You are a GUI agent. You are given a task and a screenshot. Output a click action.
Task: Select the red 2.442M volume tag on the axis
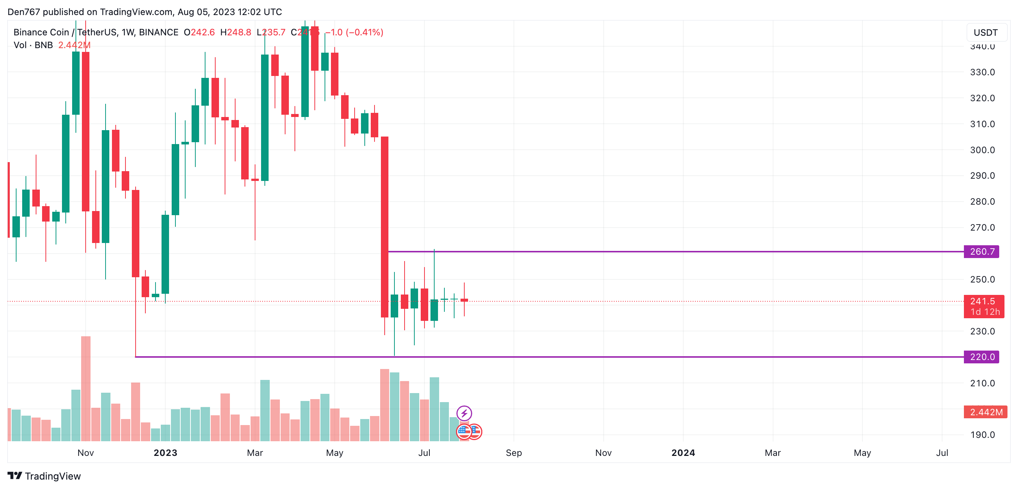pyautogui.click(x=985, y=412)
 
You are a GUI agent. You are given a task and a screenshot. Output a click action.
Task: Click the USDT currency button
pyautogui.click(x=985, y=32)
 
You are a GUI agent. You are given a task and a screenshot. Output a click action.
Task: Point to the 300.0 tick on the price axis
pyautogui.click(x=982, y=150)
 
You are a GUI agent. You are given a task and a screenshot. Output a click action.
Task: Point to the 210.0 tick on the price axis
pyautogui.click(x=982, y=383)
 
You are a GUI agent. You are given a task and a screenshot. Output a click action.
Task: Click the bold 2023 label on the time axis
pyautogui.click(x=165, y=453)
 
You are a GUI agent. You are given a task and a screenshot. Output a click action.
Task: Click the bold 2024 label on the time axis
pyautogui.click(x=683, y=453)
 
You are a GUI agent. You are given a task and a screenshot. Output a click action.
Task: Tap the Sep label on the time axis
pyautogui.click(x=514, y=453)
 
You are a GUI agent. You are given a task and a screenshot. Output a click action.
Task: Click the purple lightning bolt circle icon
pyautogui.click(x=464, y=413)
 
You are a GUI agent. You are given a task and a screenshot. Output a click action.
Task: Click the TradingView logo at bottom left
pyautogui.click(x=44, y=476)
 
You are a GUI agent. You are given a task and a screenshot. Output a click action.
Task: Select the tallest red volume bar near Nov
pyautogui.click(x=86, y=388)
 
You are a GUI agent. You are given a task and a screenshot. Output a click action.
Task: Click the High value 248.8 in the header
pyautogui.click(x=239, y=32)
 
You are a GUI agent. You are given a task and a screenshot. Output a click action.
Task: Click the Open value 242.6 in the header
pyautogui.click(x=203, y=32)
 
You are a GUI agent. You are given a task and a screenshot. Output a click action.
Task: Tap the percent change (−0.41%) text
pyautogui.click(x=364, y=32)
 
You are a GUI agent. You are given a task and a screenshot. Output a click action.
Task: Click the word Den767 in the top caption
pyautogui.click(x=24, y=12)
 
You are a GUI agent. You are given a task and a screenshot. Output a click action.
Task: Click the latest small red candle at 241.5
pyautogui.click(x=464, y=300)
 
